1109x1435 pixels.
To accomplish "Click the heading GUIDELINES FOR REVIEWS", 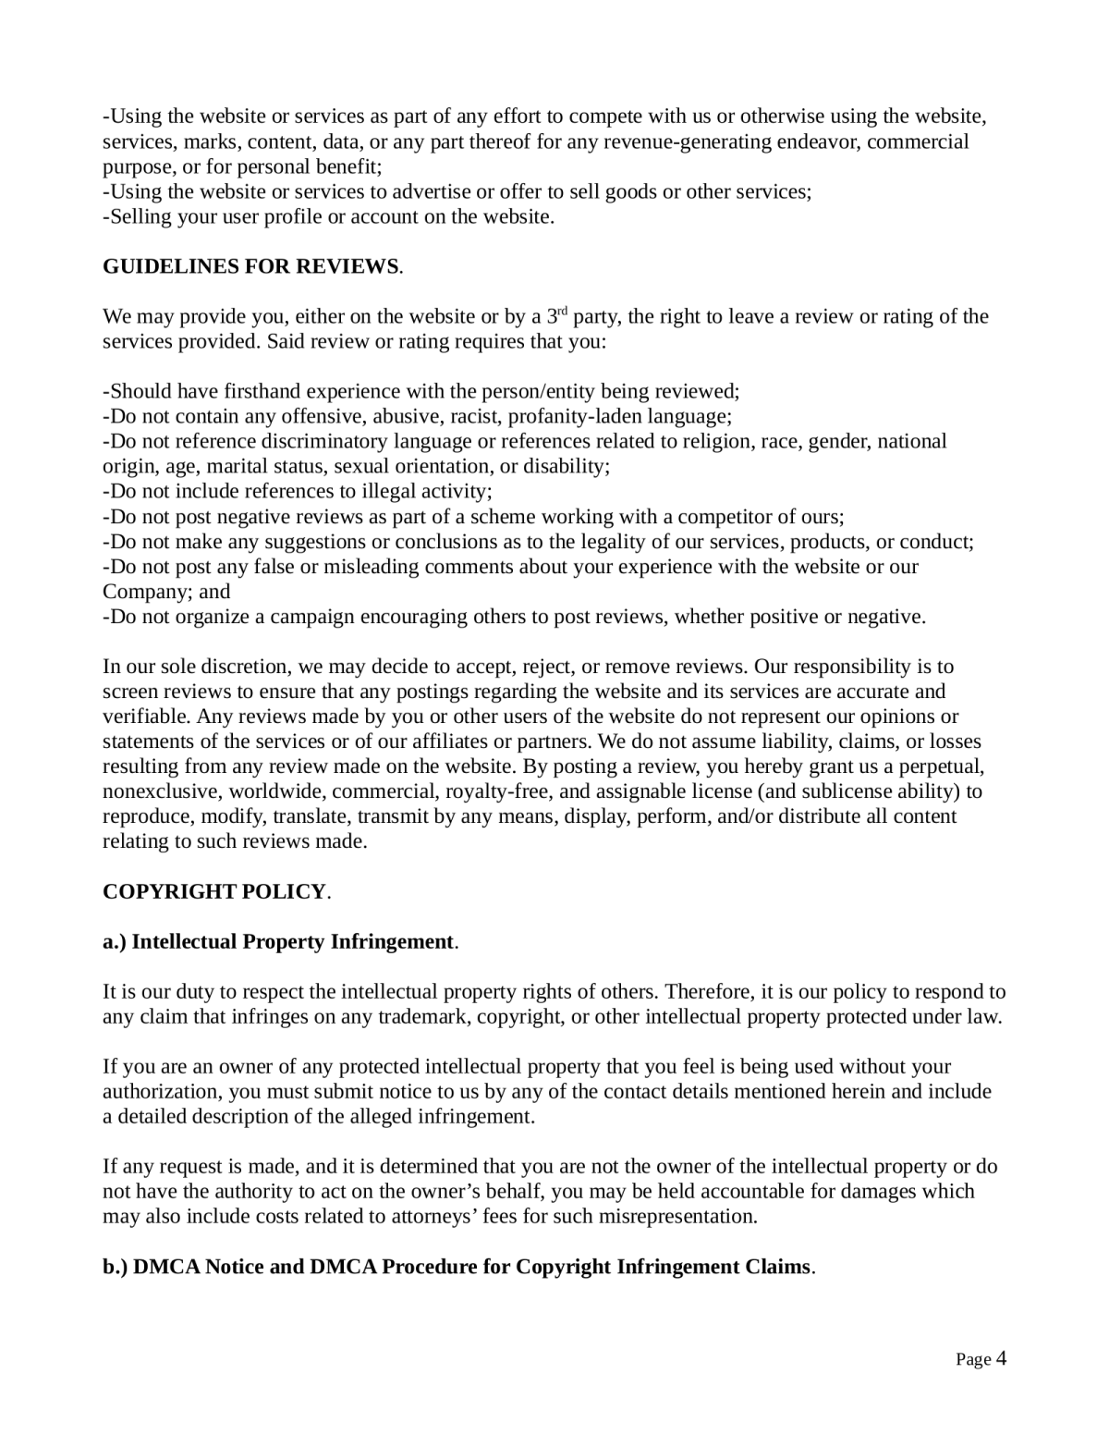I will pyautogui.click(x=250, y=267).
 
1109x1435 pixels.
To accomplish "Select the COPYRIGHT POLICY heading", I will pyautogui.click(x=214, y=892).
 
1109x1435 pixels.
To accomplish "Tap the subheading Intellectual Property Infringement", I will pyautogui.click(x=292, y=942).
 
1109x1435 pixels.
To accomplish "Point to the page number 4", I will pyautogui.click(x=1001, y=1359).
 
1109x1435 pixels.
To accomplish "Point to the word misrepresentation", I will pyautogui.click(x=678, y=1217).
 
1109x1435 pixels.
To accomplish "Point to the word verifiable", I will pyautogui.click(x=145, y=717).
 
